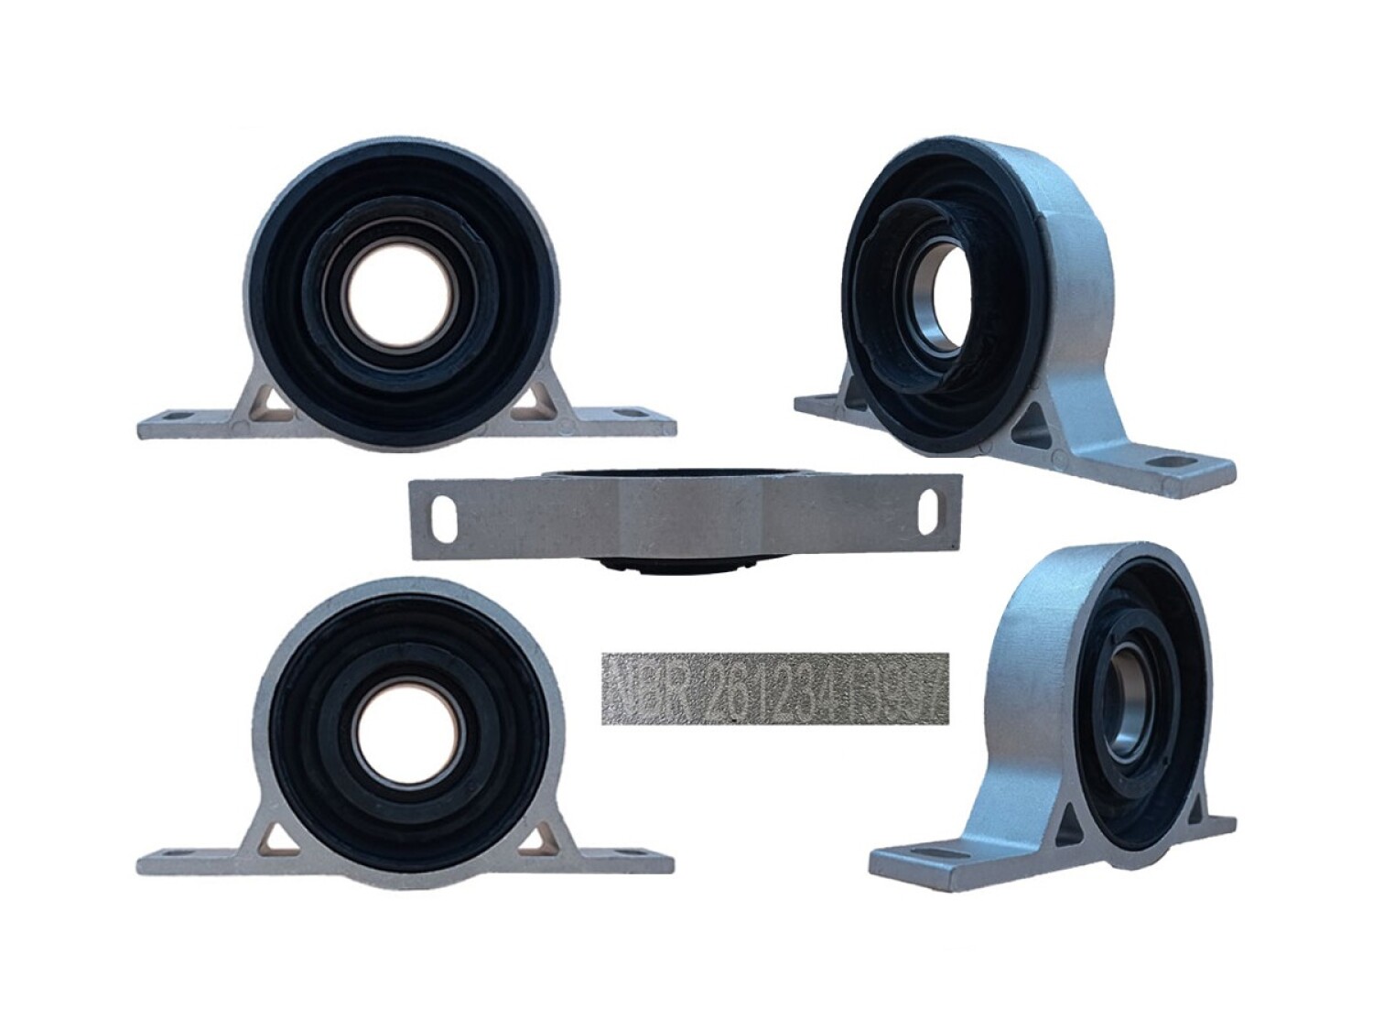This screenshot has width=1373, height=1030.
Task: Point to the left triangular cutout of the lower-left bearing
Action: [x=274, y=835]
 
